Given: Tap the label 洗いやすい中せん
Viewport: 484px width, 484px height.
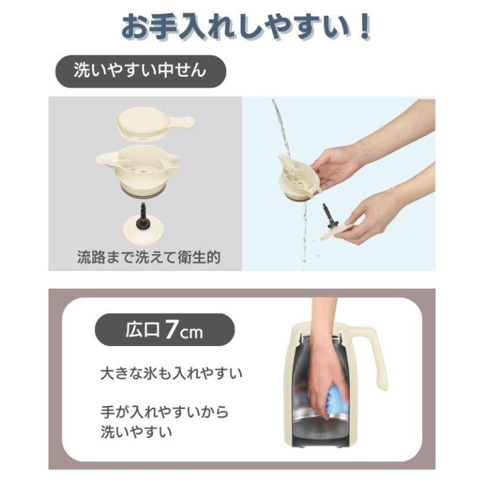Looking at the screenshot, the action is click(x=140, y=71).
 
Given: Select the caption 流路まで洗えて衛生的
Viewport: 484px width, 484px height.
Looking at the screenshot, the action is click(x=149, y=257).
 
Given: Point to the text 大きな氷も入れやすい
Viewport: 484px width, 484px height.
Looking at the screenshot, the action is click(x=171, y=374).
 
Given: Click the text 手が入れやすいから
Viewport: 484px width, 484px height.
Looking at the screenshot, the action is click(x=164, y=412).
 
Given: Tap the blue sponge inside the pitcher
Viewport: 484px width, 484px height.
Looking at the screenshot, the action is click(x=338, y=399).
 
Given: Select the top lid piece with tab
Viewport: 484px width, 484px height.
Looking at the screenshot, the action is click(x=156, y=123).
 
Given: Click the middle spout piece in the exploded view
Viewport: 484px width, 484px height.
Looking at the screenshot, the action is click(x=138, y=169).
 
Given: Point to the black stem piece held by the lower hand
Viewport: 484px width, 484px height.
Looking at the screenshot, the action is click(x=329, y=216).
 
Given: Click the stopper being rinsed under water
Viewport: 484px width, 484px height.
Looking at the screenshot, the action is click(x=298, y=178).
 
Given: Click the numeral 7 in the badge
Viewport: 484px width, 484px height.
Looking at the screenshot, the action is click(x=171, y=330).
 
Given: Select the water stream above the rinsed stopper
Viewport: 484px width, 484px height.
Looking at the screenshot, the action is click(x=282, y=127).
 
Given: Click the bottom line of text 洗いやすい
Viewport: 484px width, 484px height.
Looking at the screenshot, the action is click(x=136, y=432).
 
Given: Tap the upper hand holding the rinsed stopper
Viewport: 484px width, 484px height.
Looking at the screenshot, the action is click(x=337, y=166).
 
